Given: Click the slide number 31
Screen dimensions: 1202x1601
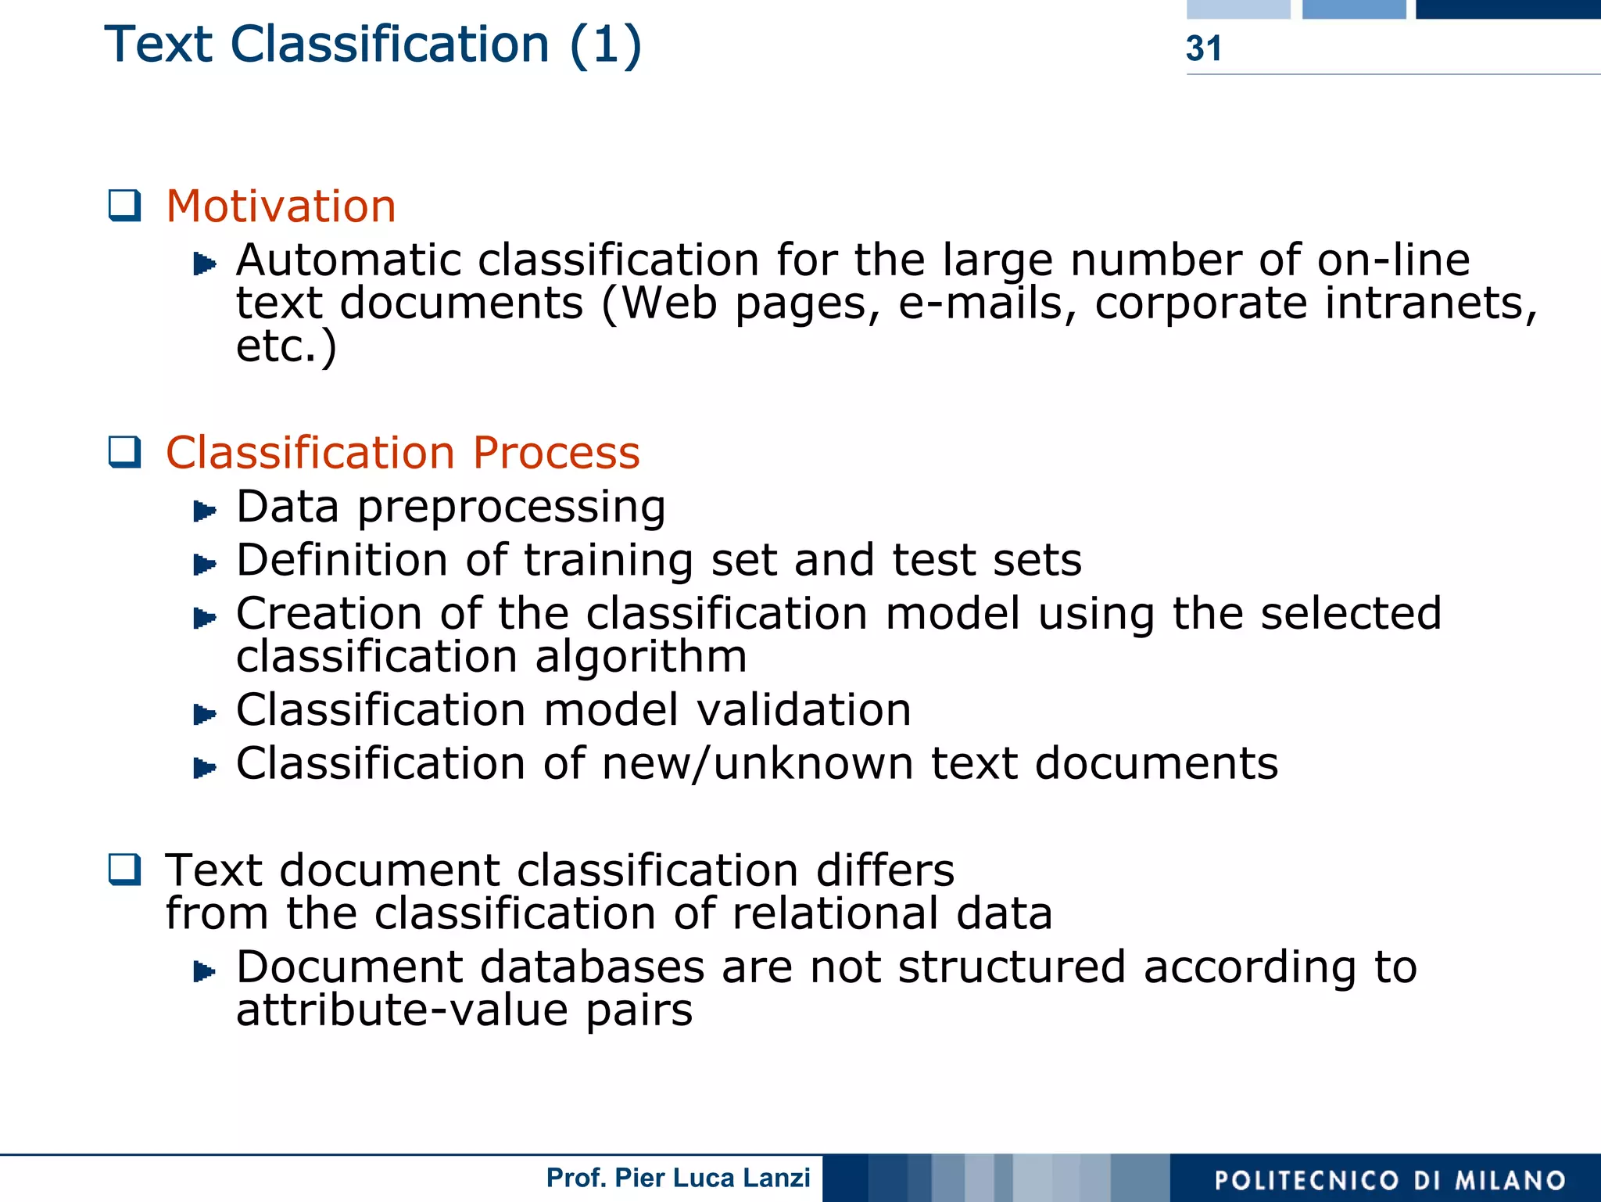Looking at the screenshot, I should [x=1203, y=48].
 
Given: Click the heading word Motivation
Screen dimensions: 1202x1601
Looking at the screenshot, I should [x=281, y=206].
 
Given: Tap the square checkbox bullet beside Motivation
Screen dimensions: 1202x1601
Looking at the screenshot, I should [x=124, y=206].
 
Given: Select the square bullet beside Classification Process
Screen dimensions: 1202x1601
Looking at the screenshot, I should [x=124, y=452].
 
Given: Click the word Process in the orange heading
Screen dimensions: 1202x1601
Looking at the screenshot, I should [x=556, y=453].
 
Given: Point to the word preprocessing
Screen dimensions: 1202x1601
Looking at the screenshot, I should [x=511, y=508].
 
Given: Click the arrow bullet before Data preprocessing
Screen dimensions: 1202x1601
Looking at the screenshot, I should [x=204, y=511].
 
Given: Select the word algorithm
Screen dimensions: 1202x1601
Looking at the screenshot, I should [x=641, y=656].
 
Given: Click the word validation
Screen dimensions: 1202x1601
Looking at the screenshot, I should [x=804, y=710].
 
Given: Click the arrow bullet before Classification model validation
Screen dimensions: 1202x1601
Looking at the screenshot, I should [x=204, y=713].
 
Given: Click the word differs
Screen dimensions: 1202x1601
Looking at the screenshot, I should [x=885, y=870].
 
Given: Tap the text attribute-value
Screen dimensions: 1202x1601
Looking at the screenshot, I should [x=402, y=1010].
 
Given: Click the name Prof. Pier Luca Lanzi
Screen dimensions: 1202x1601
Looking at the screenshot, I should [x=678, y=1178].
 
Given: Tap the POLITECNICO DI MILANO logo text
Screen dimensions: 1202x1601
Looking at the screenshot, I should [x=1390, y=1180].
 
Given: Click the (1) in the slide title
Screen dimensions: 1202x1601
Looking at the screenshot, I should [x=605, y=45].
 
